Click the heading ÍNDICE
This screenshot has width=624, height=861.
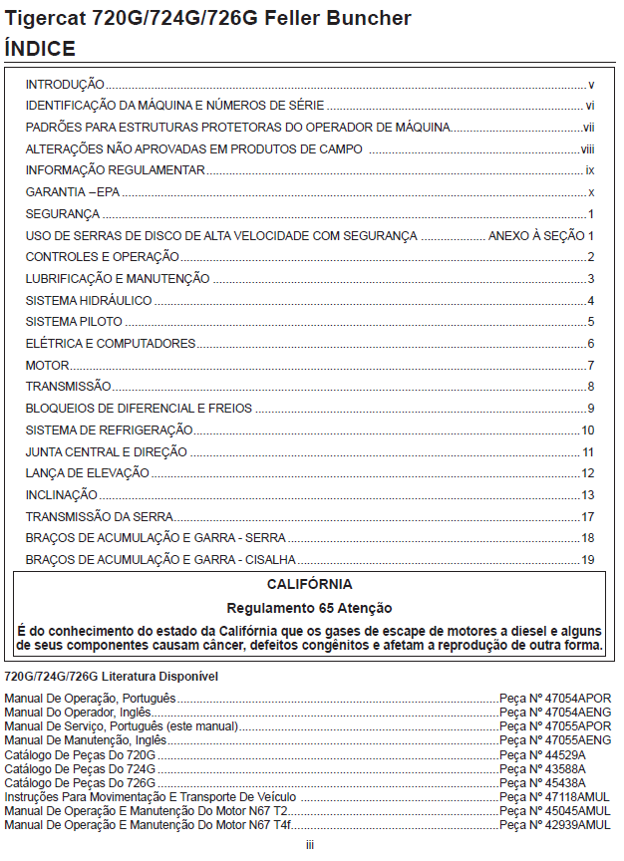tap(40, 48)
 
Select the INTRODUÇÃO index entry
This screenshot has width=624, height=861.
tap(65, 86)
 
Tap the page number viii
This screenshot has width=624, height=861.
tap(588, 149)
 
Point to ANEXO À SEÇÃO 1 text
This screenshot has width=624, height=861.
tap(540, 235)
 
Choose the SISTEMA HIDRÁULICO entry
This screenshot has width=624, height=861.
tap(89, 300)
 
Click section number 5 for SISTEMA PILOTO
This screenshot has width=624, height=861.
tap(591, 322)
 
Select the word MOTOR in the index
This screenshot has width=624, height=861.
tap(47, 365)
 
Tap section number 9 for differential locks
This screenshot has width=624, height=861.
tap(591, 408)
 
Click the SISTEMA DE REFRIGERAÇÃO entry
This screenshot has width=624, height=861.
tap(109, 430)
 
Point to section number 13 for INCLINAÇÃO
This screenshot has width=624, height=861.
tap(588, 494)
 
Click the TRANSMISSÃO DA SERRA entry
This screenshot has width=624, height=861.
tap(100, 516)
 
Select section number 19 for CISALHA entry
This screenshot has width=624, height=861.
tap(588, 559)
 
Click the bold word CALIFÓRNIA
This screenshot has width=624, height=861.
tap(309, 584)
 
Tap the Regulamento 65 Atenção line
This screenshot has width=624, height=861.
tap(309, 608)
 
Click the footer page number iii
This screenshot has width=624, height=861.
tap(310, 844)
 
